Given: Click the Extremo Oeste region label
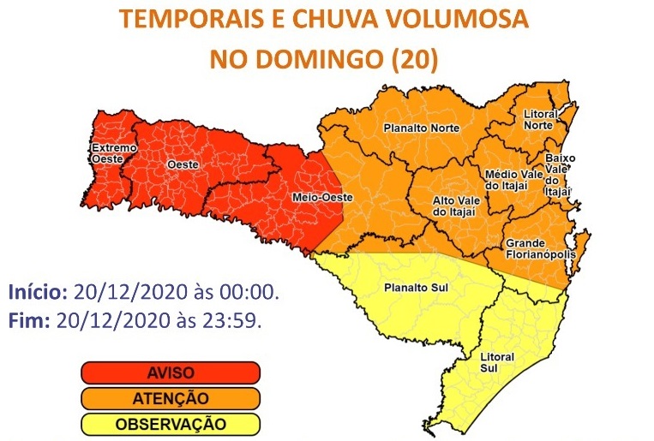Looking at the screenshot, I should click(x=113, y=152).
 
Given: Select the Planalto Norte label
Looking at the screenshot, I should click(x=421, y=128).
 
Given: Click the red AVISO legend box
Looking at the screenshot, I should click(x=170, y=372).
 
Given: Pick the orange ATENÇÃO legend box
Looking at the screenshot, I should click(x=170, y=398).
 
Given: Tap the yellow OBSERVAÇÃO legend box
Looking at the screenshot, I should click(x=170, y=424).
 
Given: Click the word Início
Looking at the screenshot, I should click(x=38, y=293).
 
